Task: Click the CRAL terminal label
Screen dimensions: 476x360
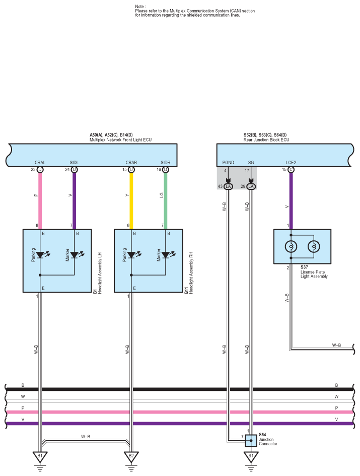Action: (40, 163)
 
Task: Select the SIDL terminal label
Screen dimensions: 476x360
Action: (74, 163)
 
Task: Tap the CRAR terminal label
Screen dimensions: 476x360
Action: (131, 163)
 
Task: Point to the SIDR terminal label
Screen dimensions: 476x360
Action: (165, 163)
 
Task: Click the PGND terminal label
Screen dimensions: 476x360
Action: (228, 163)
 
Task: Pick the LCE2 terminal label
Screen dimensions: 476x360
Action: (291, 163)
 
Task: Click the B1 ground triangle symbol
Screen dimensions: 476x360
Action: (40, 457)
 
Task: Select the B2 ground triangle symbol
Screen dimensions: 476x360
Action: (131, 457)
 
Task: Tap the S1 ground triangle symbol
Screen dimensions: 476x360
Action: (251, 457)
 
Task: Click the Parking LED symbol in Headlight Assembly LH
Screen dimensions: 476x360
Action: (40, 255)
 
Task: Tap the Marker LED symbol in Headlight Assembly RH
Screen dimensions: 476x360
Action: (166, 255)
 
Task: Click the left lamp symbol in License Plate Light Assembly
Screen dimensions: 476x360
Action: (291, 247)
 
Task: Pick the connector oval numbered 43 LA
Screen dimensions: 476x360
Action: (228, 186)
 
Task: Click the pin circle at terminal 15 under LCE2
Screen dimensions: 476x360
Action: (291, 170)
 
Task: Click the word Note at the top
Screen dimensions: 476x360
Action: (140, 7)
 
